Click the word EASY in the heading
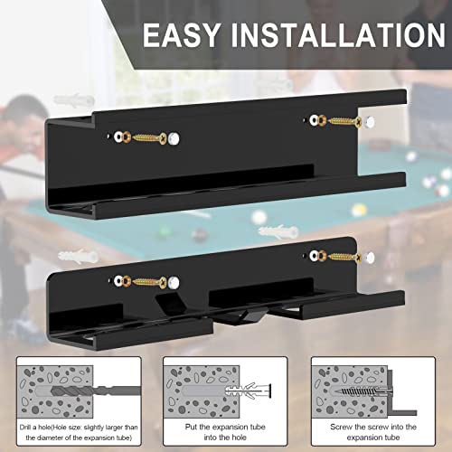point(182,35)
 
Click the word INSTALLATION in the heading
point(338,35)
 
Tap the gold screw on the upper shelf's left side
point(150,138)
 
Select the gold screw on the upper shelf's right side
point(344,121)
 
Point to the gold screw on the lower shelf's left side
point(150,282)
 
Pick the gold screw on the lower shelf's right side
point(344,257)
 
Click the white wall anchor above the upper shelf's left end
point(74,99)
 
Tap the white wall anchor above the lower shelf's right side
point(278,231)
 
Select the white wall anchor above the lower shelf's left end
point(78,256)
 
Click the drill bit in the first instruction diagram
point(96,391)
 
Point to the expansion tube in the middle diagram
point(248,391)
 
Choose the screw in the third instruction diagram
point(363,391)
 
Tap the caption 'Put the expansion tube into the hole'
point(225,432)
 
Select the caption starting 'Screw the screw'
point(373,432)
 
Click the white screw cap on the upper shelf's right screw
point(369,122)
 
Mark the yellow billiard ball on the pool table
point(359,211)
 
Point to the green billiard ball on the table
point(165,232)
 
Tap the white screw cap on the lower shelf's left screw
point(174,283)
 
